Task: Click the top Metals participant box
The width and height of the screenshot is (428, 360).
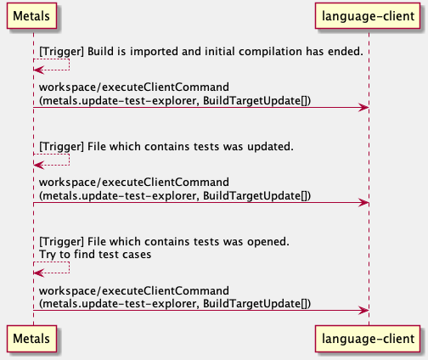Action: pyautogui.click(x=31, y=16)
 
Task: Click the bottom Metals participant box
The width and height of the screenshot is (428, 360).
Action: pyautogui.click(x=31, y=339)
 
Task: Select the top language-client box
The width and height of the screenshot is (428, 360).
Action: pyautogui.click(x=368, y=16)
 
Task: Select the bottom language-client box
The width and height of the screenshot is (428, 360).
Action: pyautogui.click(x=368, y=339)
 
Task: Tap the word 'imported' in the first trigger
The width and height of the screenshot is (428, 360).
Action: pyautogui.click(x=155, y=52)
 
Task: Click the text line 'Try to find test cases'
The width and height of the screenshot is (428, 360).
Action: pyautogui.click(x=95, y=255)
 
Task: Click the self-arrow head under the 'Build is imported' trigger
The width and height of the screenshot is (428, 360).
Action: pyautogui.click(x=38, y=70)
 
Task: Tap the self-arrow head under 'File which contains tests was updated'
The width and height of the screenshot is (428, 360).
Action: pyautogui.click(x=38, y=165)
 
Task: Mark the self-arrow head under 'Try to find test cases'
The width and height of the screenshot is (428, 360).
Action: pyautogui.click(x=38, y=273)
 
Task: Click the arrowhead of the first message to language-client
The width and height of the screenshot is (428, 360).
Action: pyautogui.click(x=363, y=108)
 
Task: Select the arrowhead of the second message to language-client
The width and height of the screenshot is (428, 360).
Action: pyautogui.click(x=363, y=203)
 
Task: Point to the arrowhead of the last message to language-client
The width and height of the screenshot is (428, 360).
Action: pyautogui.click(x=363, y=311)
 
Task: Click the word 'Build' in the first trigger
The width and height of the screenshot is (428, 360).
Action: pyautogui.click(x=100, y=52)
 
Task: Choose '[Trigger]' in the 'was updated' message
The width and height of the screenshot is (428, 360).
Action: pyautogui.click(x=61, y=147)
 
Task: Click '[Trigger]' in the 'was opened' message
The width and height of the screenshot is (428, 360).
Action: pyautogui.click(x=61, y=242)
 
